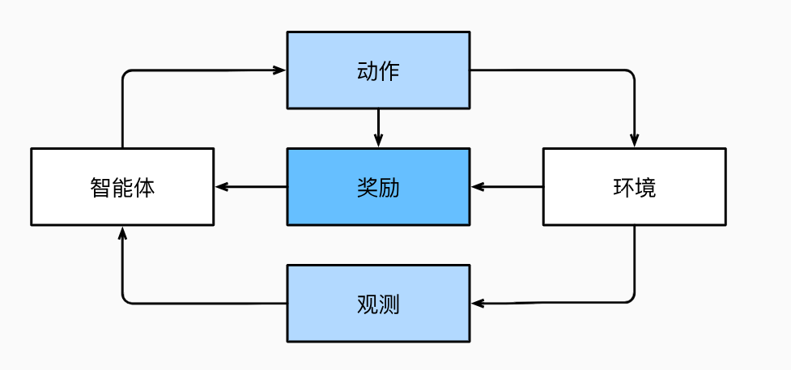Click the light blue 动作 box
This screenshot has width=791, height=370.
coord(378,70)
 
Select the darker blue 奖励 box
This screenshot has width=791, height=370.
coord(378,186)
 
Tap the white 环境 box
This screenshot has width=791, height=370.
coord(634,186)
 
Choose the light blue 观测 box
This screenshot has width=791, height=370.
coord(378,304)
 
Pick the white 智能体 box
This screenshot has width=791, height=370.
coord(122,186)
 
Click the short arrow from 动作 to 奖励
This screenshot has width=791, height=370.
coord(378,127)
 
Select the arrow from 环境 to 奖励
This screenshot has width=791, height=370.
coord(507,186)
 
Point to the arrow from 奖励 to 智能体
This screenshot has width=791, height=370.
coord(251,186)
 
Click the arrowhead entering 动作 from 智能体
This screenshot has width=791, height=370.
coord(280,70)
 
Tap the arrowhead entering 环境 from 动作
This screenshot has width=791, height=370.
coord(634,141)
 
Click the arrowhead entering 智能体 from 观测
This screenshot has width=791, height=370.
coord(122,233)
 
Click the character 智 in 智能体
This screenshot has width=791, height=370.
coord(100,187)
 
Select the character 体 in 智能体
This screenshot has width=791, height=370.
coord(144,187)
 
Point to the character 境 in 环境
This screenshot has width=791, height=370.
coord(645,187)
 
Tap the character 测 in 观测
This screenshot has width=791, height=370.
coord(389,304)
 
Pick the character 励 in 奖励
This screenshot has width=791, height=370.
coord(389,187)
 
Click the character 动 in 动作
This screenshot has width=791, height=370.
coord(367,70)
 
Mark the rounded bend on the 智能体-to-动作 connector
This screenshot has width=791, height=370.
coord(125,74)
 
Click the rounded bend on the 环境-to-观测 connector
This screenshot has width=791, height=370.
coord(631,300)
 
